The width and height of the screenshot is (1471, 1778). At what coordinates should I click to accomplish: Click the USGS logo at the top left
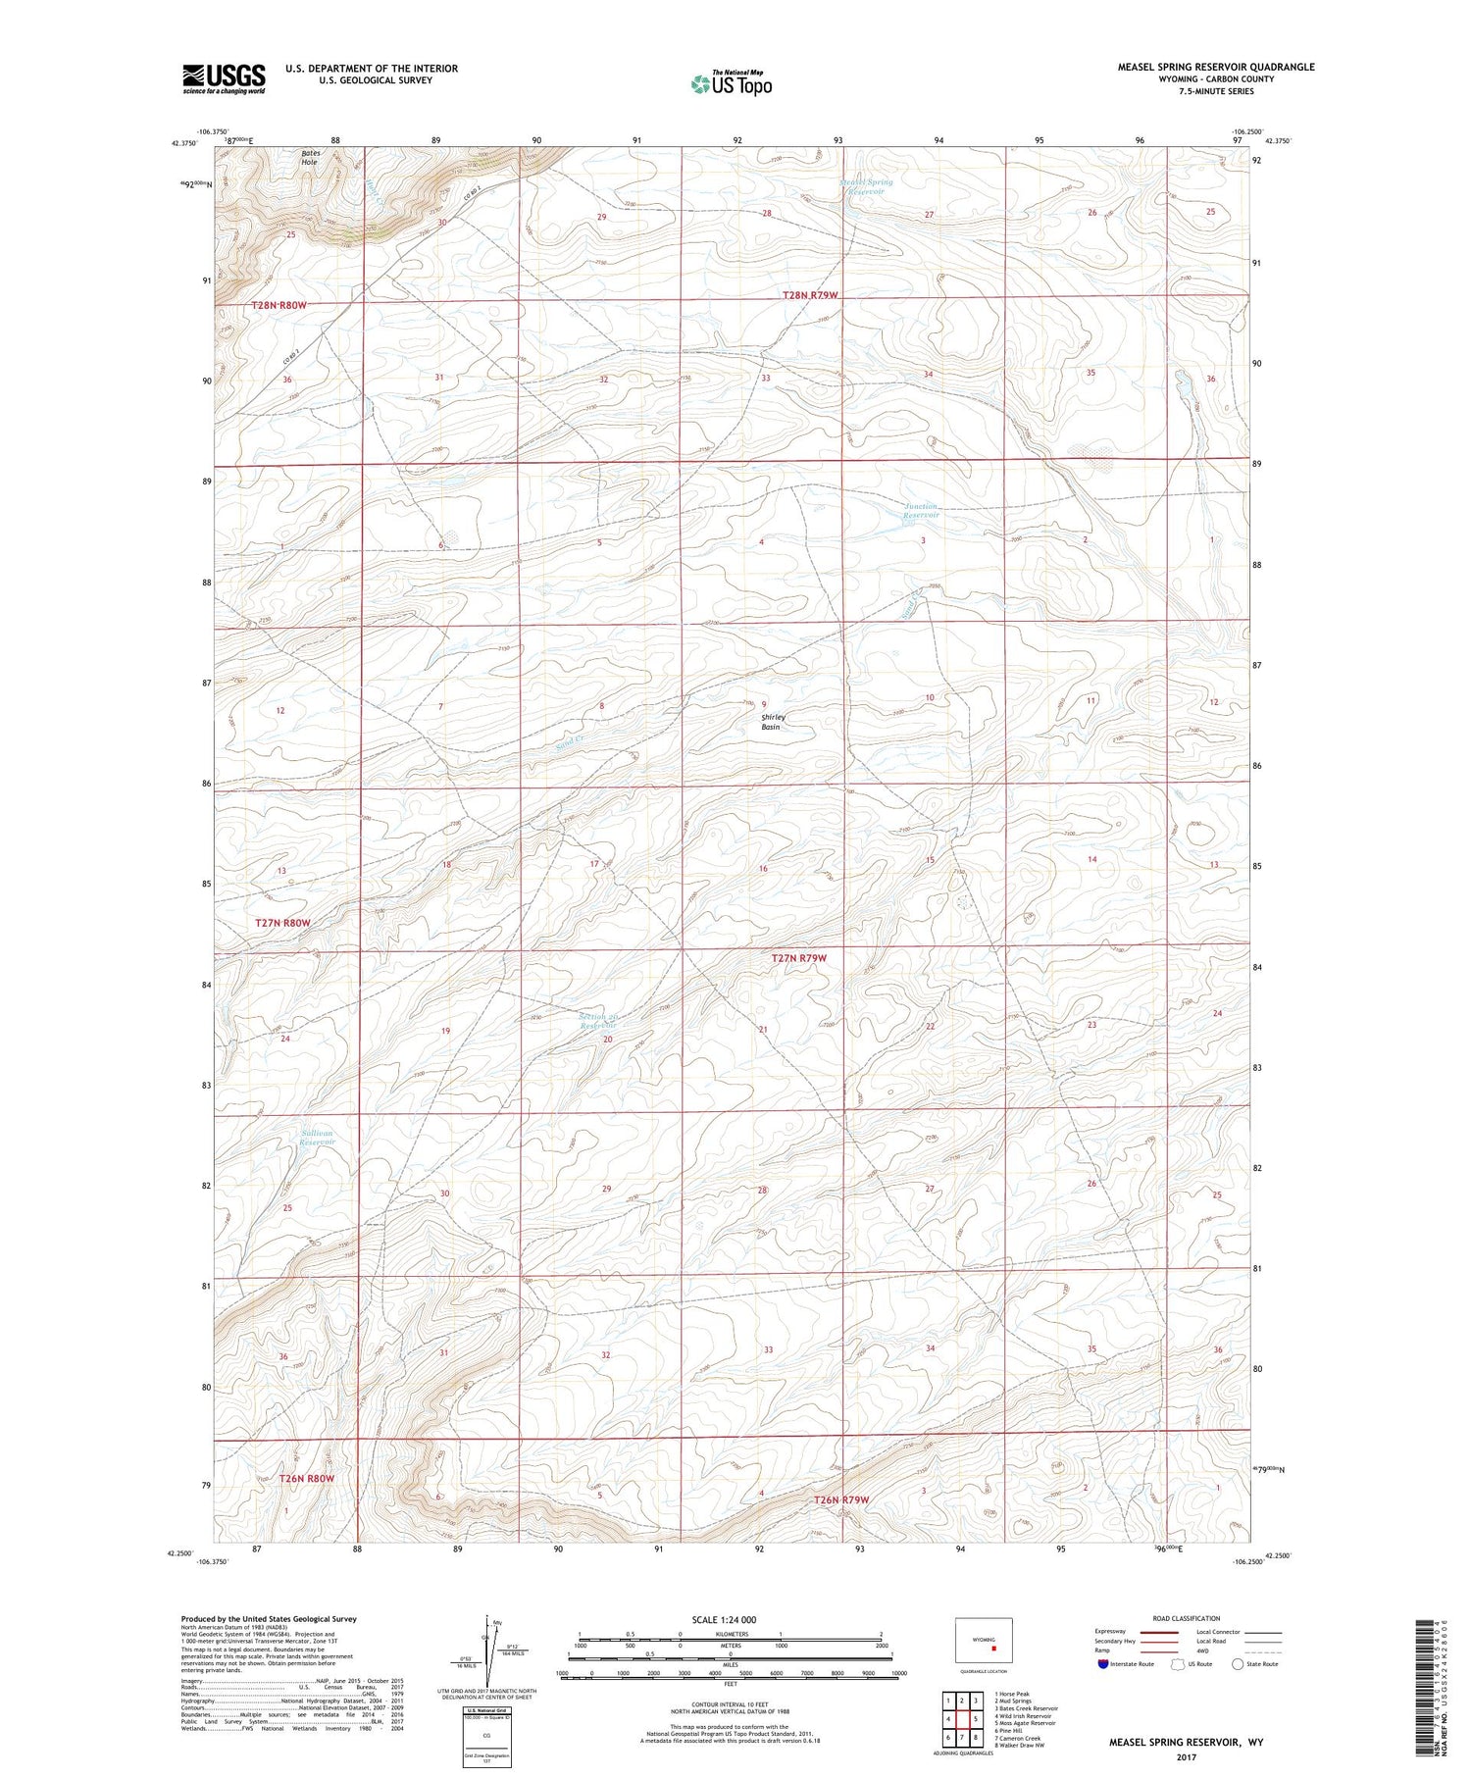tap(224, 78)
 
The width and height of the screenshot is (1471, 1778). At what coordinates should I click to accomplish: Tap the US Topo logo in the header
tap(732, 83)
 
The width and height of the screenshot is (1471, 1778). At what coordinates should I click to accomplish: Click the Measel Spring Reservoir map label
tap(867, 186)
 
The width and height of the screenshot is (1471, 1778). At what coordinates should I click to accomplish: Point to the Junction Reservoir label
tap(921, 510)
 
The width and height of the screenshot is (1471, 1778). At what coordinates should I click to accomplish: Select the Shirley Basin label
tap(774, 722)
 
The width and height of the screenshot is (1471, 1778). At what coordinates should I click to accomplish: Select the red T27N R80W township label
tap(282, 923)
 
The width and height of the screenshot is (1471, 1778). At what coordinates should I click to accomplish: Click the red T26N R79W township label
tap(841, 1500)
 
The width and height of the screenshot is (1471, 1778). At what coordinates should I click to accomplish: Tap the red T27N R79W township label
tap(805, 958)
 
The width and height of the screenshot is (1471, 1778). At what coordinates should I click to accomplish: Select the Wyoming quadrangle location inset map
tap(984, 1640)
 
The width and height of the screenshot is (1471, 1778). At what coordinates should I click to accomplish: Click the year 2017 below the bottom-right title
tap(1187, 1753)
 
